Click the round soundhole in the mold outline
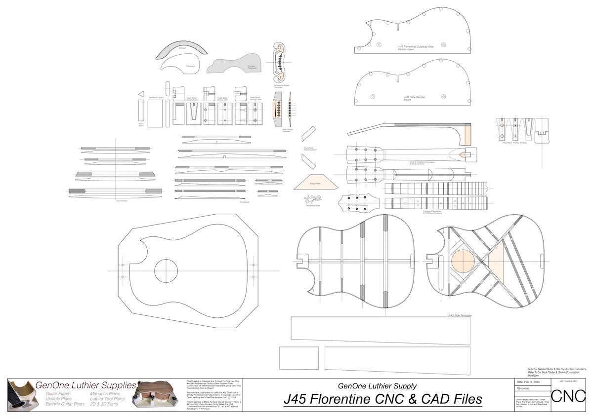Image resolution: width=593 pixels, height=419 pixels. tap(166, 270)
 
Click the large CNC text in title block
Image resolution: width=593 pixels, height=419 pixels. tap(568, 396)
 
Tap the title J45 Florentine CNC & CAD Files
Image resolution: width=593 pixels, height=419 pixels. tap(383, 399)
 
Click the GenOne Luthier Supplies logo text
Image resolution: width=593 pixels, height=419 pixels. tap(85, 385)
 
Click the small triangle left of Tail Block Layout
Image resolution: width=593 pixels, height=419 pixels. tap(141, 94)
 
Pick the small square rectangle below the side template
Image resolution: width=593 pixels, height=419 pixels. tap(298, 358)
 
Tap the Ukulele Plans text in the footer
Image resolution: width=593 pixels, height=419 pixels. tap(58, 399)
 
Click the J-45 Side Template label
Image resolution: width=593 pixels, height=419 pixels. tap(459, 315)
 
